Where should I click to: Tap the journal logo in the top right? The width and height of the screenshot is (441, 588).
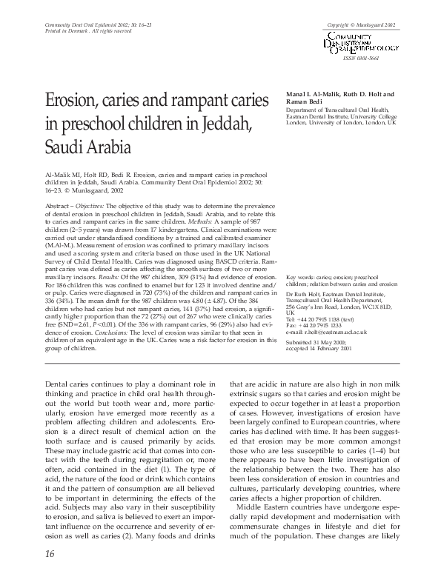tap(359, 43)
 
